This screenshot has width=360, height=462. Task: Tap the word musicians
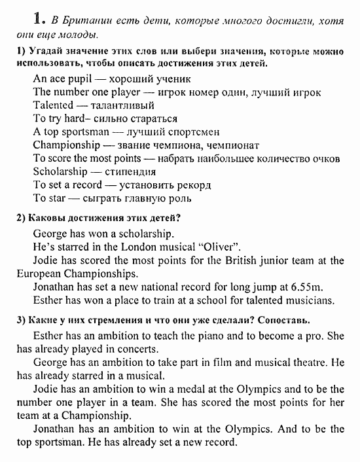click(x=312, y=301)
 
